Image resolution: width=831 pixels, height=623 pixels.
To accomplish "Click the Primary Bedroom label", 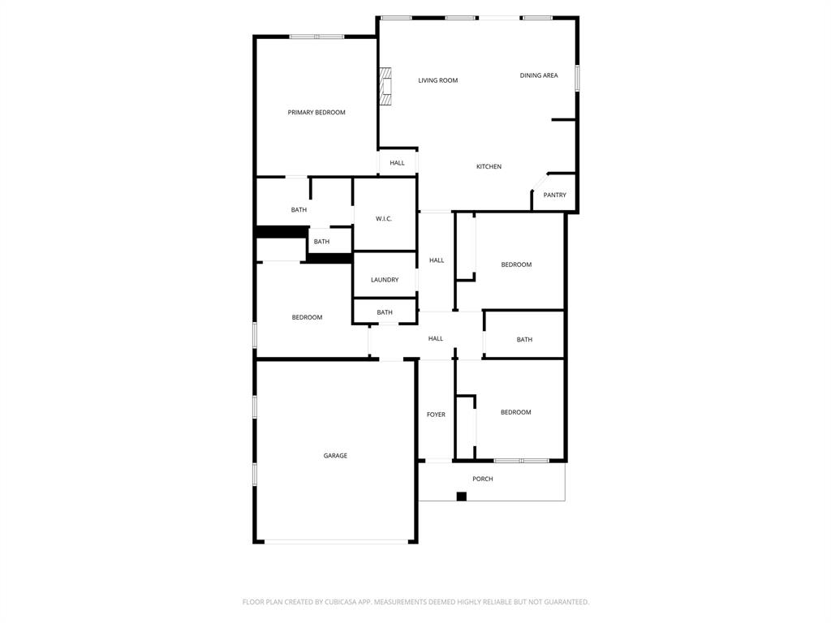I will (x=316, y=113).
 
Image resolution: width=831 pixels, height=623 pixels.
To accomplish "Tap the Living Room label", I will (x=438, y=80).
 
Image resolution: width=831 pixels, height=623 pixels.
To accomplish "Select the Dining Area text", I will (x=539, y=75).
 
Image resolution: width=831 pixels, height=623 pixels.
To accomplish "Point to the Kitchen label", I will (x=489, y=166).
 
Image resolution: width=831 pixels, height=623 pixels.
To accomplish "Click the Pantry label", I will (x=555, y=195).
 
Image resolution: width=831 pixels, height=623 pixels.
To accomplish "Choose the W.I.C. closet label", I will (x=384, y=218).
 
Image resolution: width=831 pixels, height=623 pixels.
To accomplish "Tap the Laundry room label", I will (x=385, y=280).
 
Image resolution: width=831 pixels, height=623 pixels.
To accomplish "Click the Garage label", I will (x=335, y=456).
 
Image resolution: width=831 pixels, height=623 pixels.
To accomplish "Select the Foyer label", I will (x=436, y=415).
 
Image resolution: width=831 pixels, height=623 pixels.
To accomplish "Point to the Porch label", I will (x=483, y=479).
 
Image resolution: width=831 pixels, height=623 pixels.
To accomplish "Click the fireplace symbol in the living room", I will (x=385, y=86).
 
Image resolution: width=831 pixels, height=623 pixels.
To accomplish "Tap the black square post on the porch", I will (x=461, y=496).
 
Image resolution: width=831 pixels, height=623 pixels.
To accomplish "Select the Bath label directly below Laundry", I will (x=385, y=312).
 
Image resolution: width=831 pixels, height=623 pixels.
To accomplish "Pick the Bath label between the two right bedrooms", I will (x=524, y=339).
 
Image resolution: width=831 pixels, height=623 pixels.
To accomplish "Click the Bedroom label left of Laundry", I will (x=307, y=317).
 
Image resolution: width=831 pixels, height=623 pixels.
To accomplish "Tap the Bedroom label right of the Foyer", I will (x=516, y=412).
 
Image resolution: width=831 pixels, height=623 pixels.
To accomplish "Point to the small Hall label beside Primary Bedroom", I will (x=397, y=163).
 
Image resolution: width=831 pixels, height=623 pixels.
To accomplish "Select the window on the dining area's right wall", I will (x=577, y=78).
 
